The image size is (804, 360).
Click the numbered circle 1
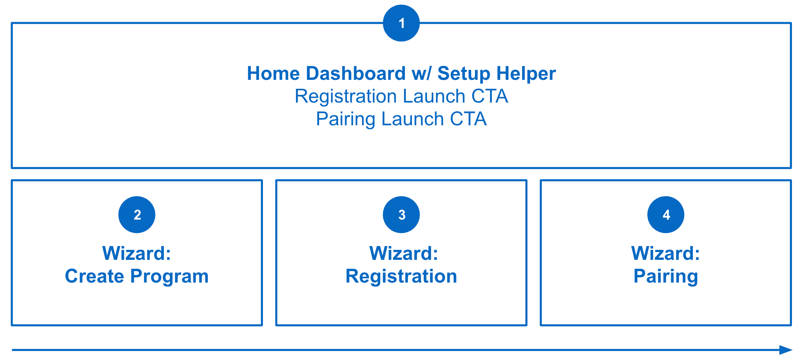point(401,23)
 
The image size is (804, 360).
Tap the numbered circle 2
point(137,214)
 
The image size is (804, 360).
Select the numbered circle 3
point(401,214)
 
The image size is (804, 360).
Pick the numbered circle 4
point(666,214)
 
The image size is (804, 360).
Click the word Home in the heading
point(273,74)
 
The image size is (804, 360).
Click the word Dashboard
point(356,74)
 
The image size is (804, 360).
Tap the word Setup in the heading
point(464,74)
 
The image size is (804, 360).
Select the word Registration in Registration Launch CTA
point(346,96)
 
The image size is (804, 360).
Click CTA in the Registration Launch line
point(489,96)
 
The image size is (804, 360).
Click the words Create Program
point(137,276)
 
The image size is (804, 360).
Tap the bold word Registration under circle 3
point(401,276)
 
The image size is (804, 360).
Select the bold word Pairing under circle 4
point(666,276)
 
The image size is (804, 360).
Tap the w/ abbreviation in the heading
point(421,74)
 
